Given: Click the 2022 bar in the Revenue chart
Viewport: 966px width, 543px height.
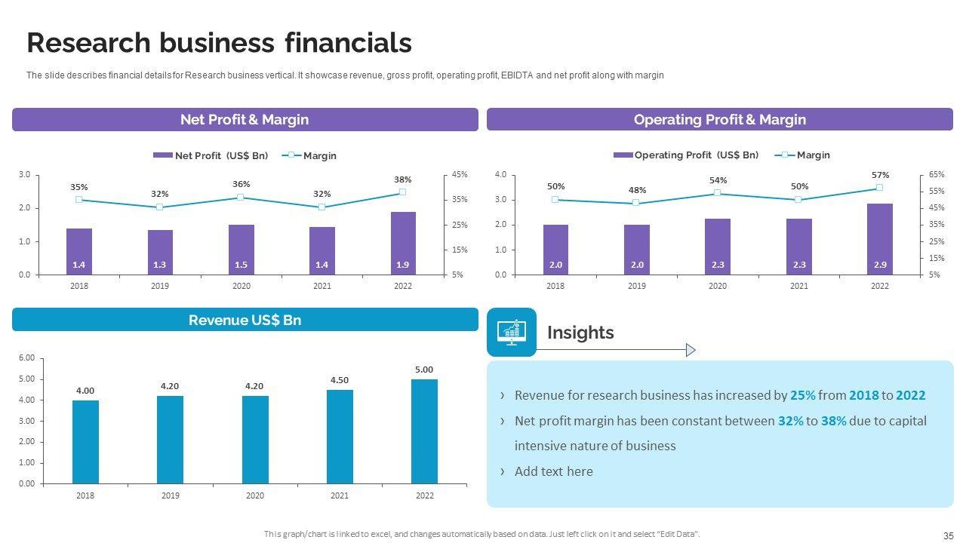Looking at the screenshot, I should click(x=424, y=431).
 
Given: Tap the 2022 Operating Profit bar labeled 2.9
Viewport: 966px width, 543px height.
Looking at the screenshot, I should click(x=880, y=239).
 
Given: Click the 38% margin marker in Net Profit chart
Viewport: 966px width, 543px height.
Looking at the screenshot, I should click(x=402, y=192).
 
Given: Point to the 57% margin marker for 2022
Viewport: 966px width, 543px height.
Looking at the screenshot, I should click(x=879, y=187).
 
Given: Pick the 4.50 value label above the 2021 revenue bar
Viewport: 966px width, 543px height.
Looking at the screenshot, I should click(x=340, y=380).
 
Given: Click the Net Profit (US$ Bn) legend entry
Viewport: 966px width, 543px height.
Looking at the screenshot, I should click(x=211, y=155).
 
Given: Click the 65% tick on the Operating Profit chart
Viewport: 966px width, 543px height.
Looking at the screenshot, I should click(x=937, y=174).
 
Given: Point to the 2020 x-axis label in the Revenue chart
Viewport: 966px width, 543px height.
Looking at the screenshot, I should click(x=255, y=495).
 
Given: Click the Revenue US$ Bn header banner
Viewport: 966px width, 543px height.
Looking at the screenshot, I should click(x=245, y=320).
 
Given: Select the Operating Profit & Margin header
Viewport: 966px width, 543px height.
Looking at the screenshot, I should click(x=719, y=120).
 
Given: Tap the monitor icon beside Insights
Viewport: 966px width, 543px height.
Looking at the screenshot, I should click(x=512, y=332).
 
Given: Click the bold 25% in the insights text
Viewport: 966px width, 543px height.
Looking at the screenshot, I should click(x=802, y=395).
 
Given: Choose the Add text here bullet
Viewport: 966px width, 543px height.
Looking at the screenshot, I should click(x=553, y=471).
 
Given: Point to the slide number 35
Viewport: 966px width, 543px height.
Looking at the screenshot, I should click(x=949, y=535).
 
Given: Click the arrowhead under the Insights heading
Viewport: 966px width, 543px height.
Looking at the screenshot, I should click(x=690, y=350).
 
